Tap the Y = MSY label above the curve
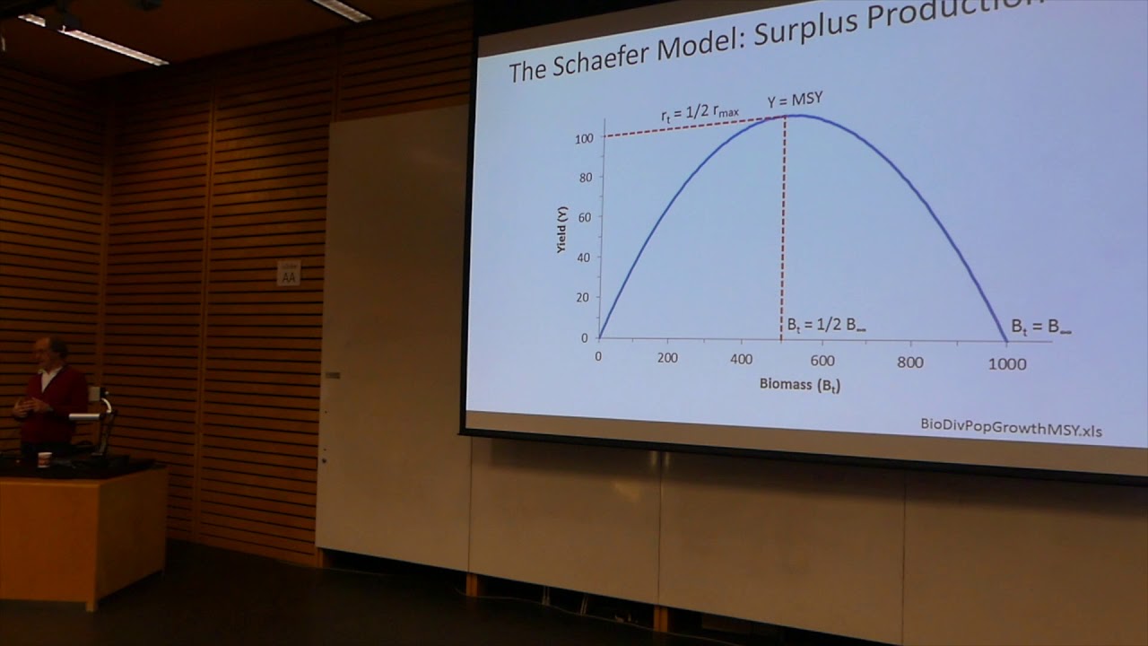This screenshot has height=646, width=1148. [794, 100]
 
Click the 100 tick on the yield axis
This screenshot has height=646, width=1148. [584, 138]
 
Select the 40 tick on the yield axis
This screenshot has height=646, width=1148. [583, 258]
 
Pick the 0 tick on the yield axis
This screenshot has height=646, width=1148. [584, 338]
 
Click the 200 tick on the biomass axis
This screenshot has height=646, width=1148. [666, 357]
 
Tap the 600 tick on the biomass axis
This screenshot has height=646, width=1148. [822, 361]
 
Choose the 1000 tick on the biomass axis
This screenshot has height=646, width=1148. [1007, 363]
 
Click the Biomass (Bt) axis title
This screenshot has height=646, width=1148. [800, 385]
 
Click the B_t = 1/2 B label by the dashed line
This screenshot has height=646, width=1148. [826, 324]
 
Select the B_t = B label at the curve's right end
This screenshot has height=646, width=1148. [1040, 327]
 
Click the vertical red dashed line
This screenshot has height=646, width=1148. [784, 224]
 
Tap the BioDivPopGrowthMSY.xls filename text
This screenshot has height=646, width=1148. [1011, 428]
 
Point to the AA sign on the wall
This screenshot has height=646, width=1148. [289, 274]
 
